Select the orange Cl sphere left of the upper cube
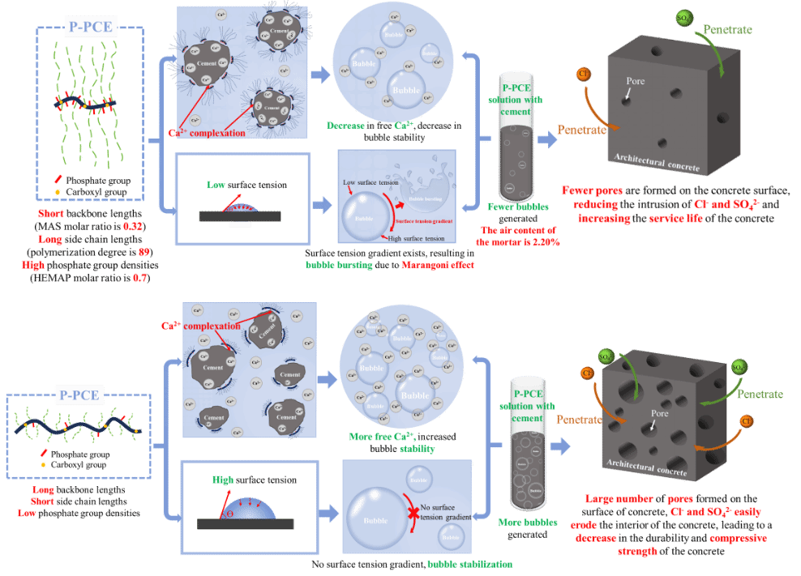click(x=582, y=75)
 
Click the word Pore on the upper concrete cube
click(x=636, y=82)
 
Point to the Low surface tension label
click(x=372, y=183)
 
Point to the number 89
click(x=143, y=252)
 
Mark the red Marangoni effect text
click(x=437, y=265)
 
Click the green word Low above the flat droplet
click(x=216, y=186)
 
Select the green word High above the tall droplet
click(x=223, y=480)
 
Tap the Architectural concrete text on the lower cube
click(x=644, y=463)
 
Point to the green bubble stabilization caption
click(x=469, y=564)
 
